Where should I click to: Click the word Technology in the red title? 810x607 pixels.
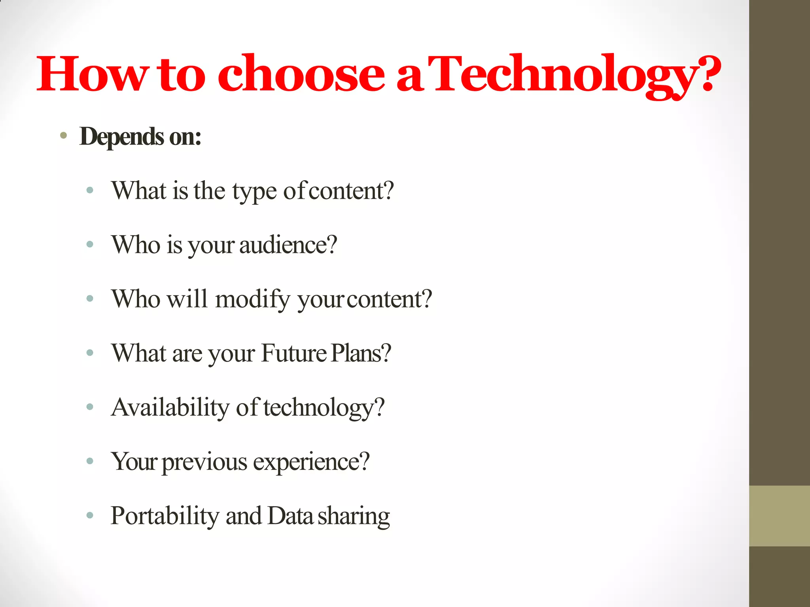coord(570,75)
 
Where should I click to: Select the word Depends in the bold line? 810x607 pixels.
coord(122,137)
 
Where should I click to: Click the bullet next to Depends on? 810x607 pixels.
coord(64,136)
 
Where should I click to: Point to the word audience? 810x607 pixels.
coord(288,245)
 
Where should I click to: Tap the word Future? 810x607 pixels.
coord(293,353)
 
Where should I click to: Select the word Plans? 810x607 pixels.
coord(361,353)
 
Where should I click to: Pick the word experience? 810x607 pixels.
coord(311,461)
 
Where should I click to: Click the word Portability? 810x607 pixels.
coord(165,516)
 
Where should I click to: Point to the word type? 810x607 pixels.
coord(254,192)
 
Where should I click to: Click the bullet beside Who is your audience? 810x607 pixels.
coord(90,245)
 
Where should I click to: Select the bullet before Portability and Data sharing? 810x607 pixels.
coord(90,515)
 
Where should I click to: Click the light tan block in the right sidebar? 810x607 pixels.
coord(779,516)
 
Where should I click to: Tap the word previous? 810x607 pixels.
coord(204,462)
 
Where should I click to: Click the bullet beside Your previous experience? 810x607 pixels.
coord(90,461)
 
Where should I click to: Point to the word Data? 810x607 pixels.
coord(290,516)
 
